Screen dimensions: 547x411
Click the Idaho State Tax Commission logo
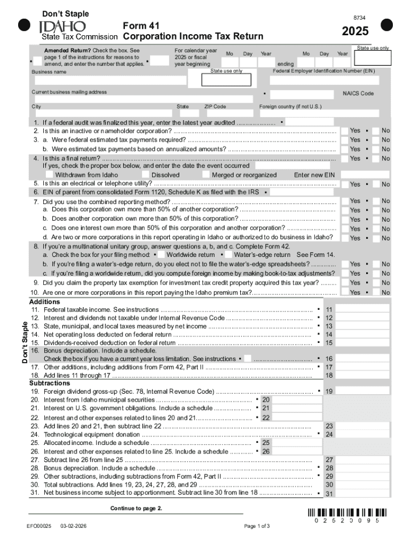(x=63, y=27)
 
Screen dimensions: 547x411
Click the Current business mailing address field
(x=142, y=99)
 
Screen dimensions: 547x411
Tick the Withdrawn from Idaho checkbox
(x=50, y=175)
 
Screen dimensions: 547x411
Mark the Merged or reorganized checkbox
(x=206, y=175)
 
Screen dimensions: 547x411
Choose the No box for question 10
(x=376, y=292)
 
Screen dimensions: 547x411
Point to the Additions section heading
(x=45, y=302)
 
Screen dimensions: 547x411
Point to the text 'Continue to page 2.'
(x=136, y=508)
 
